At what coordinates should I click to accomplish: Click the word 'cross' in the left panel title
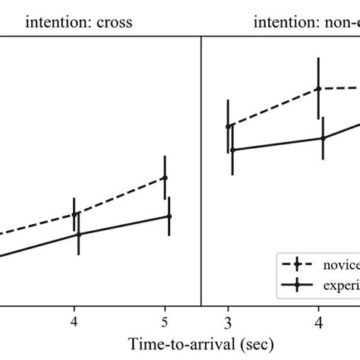click(x=113, y=22)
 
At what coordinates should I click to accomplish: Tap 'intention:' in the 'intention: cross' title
click(x=59, y=22)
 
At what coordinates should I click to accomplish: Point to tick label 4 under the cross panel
click(x=74, y=320)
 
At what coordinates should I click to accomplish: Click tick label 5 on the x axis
click(x=165, y=320)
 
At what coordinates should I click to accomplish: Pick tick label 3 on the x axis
click(x=228, y=320)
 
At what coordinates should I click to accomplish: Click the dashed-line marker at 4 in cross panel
click(x=74, y=214)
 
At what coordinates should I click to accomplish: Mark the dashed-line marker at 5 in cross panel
click(x=165, y=178)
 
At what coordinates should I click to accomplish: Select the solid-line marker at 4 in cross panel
click(x=79, y=234)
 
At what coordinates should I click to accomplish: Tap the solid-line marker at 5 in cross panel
click(x=169, y=216)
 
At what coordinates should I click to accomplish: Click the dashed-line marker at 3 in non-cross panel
click(x=228, y=126)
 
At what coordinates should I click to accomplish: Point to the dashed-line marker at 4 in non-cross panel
click(x=318, y=88)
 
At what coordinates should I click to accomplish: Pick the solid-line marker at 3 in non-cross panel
click(x=232, y=150)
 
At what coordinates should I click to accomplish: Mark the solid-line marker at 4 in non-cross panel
click(x=323, y=138)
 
